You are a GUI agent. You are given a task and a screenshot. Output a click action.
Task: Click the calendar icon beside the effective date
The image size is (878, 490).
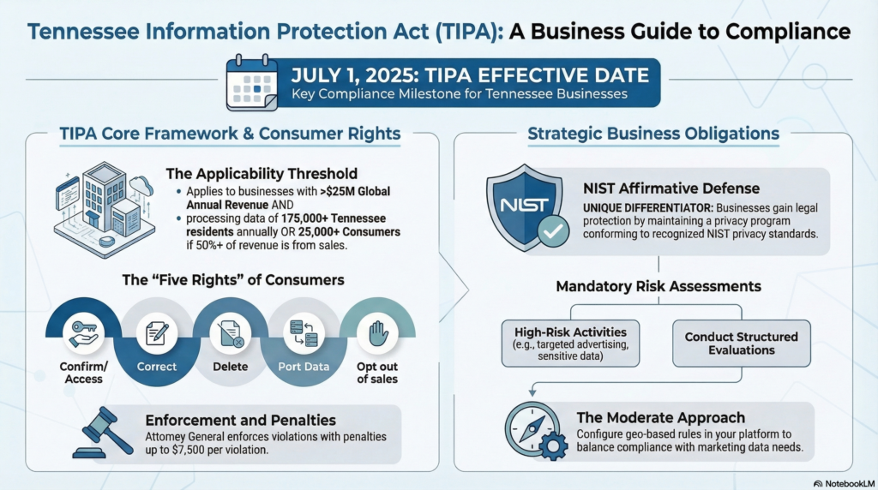[x=252, y=82]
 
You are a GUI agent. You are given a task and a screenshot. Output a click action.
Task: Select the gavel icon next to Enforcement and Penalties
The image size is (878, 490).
[x=103, y=433]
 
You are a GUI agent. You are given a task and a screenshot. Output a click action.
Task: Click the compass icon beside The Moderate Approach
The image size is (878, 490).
[x=536, y=430]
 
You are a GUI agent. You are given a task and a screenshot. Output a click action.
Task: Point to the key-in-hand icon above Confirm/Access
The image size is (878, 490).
[x=83, y=333]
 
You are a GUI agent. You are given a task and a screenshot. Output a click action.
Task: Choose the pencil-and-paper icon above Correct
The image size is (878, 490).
[x=157, y=333]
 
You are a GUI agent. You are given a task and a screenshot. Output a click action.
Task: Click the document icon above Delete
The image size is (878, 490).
[x=230, y=334]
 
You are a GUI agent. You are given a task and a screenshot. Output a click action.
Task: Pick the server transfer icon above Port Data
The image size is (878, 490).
[x=304, y=333]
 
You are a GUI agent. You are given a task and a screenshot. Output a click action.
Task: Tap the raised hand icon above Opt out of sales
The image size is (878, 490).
[x=378, y=333]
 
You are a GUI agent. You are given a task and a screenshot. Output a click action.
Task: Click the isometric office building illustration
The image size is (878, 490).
[x=105, y=209]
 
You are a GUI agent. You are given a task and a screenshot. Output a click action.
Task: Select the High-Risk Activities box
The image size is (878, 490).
[x=570, y=344]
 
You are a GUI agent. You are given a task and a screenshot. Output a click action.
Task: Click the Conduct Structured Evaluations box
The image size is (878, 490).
[x=742, y=344]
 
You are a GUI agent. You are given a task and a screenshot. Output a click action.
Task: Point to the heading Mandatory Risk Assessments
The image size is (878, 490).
[x=658, y=286]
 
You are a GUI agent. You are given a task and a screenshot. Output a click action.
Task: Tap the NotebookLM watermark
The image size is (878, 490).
[x=844, y=483]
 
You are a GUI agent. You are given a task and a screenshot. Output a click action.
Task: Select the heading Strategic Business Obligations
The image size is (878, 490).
[x=653, y=134]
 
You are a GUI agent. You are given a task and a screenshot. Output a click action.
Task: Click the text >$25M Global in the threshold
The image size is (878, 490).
[x=355, y=191]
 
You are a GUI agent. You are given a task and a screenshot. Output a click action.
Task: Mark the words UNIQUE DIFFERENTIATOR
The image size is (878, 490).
[x=648, y=208]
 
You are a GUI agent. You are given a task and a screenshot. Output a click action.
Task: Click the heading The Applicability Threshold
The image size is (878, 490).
[x=262, y=173]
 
